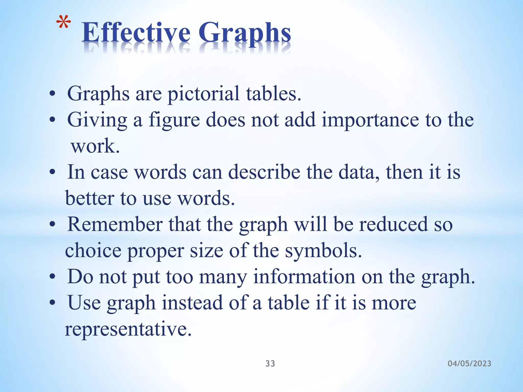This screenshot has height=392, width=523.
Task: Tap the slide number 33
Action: [x=270, y=363]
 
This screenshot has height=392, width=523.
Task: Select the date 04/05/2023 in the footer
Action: [x=469, y=363]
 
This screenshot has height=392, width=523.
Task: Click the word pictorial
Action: [x=204, y=94]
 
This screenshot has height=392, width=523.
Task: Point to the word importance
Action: [x=370, y=120]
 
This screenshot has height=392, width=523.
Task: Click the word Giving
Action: [x=97, y=120]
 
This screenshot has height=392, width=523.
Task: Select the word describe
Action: [x=264, y=172]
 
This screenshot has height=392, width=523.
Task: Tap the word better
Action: [x=90, y=198]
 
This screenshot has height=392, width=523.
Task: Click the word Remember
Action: [x=115, y=225]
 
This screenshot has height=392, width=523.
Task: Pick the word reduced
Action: [x=393, y=225]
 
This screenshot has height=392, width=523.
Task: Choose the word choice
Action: [x=93, y=251]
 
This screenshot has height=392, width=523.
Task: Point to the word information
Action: [x=304, y=277]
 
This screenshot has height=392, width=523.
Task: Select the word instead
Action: [x=192, y=303]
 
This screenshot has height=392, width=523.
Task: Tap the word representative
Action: [x=128, y=329]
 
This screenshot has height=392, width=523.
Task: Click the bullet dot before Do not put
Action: [x=52, y=277]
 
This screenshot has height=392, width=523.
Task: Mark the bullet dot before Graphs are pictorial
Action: [x=52, y=94]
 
